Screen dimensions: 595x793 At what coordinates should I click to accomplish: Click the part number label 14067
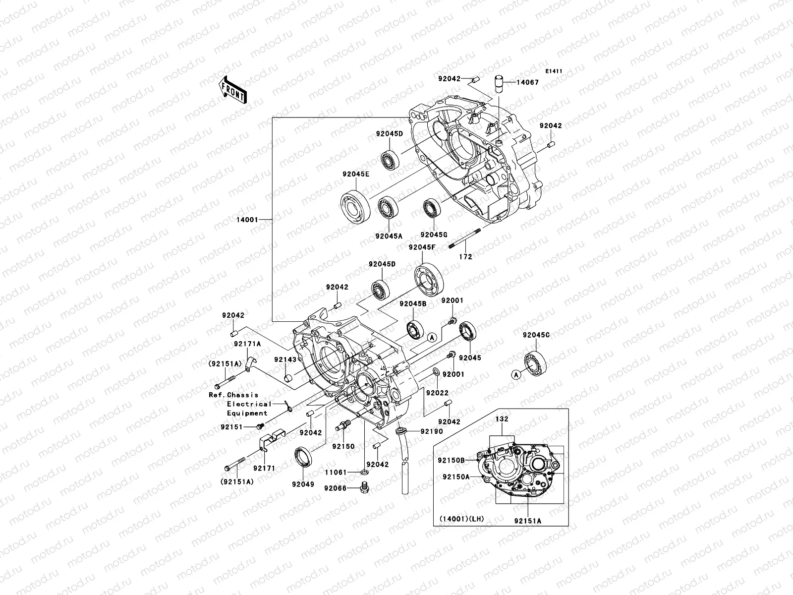point(528,83)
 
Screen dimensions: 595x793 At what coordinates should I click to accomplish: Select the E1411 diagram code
point(554,71)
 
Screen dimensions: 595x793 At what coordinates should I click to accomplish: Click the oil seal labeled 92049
point(303,456)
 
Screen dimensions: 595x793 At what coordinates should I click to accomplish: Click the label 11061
point(336,473)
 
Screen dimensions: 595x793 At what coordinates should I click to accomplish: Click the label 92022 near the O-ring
point(438,393)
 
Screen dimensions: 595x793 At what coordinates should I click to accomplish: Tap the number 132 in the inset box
point(502,419)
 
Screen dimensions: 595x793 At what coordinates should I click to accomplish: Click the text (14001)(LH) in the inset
point(461,519)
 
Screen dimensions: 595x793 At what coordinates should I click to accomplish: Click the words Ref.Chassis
point(233,395)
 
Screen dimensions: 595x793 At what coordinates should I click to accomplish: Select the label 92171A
point(248,343)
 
